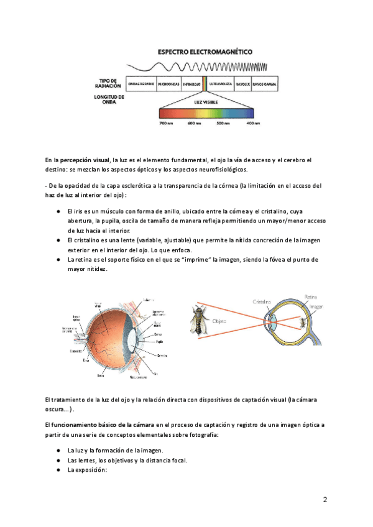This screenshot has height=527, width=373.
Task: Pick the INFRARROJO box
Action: tap(191, 83)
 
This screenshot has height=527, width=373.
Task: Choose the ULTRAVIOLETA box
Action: tap(221, 83)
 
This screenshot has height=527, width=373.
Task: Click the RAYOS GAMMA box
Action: tap(264, 83)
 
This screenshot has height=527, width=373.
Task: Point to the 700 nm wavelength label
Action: tap(166, 124)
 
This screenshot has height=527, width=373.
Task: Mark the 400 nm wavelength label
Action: tap(252, 124)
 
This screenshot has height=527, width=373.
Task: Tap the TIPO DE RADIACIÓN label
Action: tap(112, 83)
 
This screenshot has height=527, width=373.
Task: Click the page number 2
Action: tap(325, 500)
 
